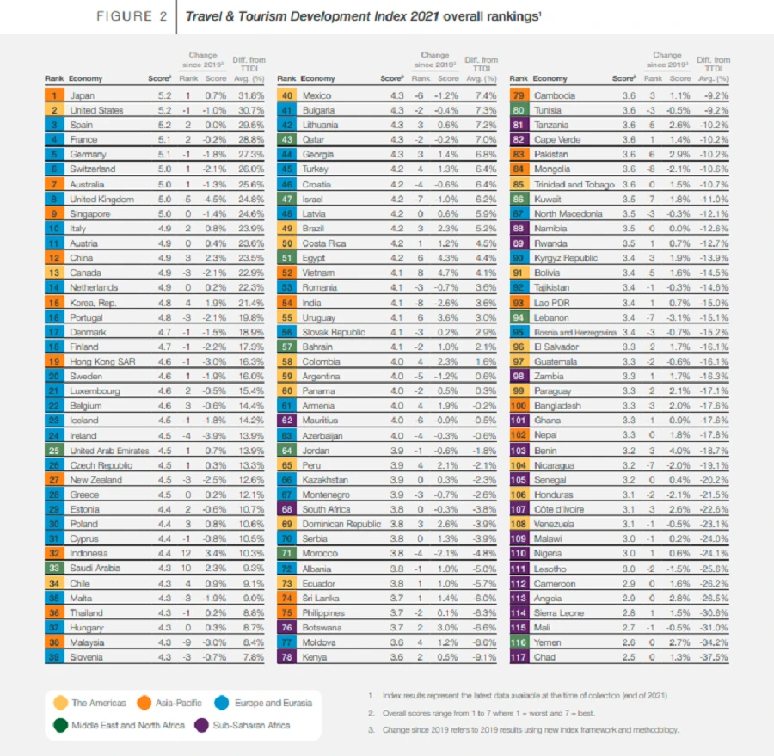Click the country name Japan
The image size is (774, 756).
pyautogui.click(x=82, y=95)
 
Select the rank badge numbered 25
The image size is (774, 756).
pyautogui.click(x=54, y=451)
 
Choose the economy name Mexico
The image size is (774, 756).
pyautogui.click(x=316, y=95)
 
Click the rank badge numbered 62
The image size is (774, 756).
pyautogui.click(x=286, y=421)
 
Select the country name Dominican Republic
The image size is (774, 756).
pyautogui.click(x=341, y=524)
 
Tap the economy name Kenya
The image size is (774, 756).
pyautogui.click(x=315, y=657)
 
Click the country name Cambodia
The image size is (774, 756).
pyautogui.click(x=554, y=95)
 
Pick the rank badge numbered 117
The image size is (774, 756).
pyautogui.click(x=519, y=657)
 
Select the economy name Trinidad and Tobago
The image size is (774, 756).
pyautogui.click(x=574, y=184)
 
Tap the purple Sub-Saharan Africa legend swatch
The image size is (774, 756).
pyautogui.click(x=206, y=725)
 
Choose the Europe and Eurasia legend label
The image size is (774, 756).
pyautogui.click(x=273, y=703)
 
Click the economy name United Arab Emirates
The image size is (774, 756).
pyautogui.click(x=108, y=451)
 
